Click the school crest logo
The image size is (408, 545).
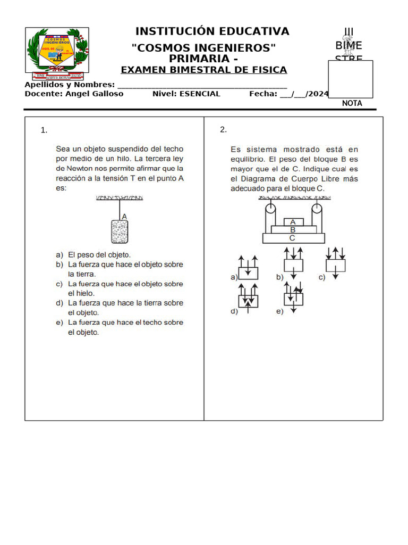point(57,51)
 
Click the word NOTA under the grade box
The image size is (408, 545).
point(352,103)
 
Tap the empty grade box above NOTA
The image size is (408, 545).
point(350,79)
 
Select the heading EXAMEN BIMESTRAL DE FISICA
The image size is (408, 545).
point(204,70)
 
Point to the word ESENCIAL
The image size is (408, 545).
point(200,94)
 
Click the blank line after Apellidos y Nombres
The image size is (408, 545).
point(202,85)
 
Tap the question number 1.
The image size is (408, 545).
point(44,130)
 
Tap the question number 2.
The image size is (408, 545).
point(224,130)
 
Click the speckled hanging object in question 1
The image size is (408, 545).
point(120,232)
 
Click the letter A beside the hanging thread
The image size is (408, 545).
point(124,216)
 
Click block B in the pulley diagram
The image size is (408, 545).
point(293,230)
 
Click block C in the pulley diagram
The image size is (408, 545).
point(293,238)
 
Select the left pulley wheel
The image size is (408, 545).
point(269,209)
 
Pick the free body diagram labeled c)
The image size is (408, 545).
point(336,265)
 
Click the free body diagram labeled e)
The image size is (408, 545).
point(293,299)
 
